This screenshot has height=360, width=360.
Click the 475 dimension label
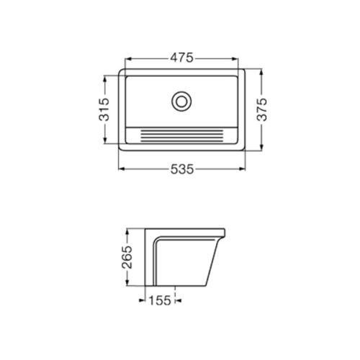pyautogui.click(x=181, y=58)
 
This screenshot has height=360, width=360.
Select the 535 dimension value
pyautogui.click(x=182, y=169)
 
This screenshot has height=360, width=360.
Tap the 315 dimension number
pyautogui.click(x=104, y=109)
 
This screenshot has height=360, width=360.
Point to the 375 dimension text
pyautogui.click(x=261, y=109)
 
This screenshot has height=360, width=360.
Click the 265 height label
pyautogui.click(x=127, y=257)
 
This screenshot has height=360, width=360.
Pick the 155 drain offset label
pyautogui.click(x=160, y=300)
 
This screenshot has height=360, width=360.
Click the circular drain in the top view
pyautogui.click(x=181, y=102)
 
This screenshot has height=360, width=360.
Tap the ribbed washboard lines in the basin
pyautogui.click(x=181, y=136)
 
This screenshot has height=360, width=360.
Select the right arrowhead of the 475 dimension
pyautogui.click(x=235, y=59)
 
